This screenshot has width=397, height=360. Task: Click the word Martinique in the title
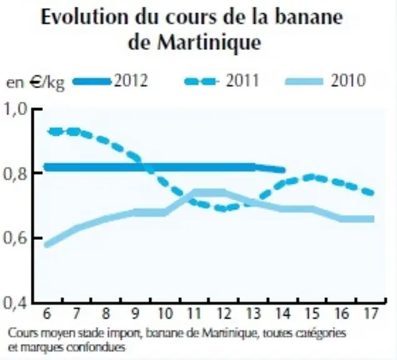(209, 42)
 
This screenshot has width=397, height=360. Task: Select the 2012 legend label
(131, 81)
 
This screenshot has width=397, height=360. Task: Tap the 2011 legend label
(243, 81)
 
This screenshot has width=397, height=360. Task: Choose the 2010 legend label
(348, 81)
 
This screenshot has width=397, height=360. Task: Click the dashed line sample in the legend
(201, 81)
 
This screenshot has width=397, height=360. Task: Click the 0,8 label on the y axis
(15, 174)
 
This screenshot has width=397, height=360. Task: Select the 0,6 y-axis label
(15, 238)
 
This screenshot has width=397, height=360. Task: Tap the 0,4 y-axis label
(15, 302)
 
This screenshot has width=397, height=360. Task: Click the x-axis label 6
(47, 313)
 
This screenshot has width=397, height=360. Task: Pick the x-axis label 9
(135, 313)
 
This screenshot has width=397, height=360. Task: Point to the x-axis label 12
(224, 313)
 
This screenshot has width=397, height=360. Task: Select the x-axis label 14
(283, 313)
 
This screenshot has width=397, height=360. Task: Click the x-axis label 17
(371, 313)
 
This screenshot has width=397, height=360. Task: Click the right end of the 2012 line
(284, 170)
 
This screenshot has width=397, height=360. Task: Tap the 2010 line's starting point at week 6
(47, 244)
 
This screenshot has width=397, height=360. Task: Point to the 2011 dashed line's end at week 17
(371, 193)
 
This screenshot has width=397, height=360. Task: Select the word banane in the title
(309, 17)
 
